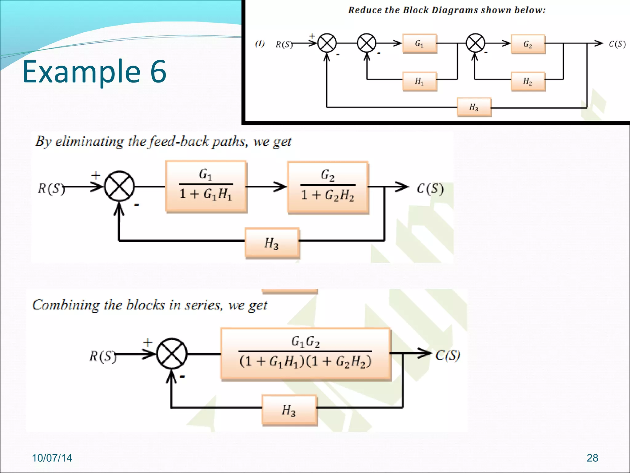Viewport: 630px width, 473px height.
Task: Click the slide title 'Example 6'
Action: [x=94, y=71]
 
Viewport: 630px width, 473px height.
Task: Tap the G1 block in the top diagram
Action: [x=420, y=43]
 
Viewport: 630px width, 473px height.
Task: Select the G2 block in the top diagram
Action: [x=528, y=44]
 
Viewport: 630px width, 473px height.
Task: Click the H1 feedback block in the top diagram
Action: [x=420, y=81]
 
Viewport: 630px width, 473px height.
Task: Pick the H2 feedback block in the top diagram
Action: [x=528, y=81]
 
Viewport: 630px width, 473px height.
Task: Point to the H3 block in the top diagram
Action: [x=474, y=107]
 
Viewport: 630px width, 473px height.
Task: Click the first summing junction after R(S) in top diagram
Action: [x=327, y=43]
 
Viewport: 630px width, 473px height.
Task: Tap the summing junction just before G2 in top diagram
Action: [x=475, y=43]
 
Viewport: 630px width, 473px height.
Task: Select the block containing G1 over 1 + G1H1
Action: [x=206, y=186]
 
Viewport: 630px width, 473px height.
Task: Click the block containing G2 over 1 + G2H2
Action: [x=328, y=187]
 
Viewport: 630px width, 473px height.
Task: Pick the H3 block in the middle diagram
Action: [x=272, y=243]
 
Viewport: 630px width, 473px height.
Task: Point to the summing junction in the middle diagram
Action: [x=119, y=186]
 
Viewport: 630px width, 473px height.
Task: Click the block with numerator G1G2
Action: [x=305, y=354]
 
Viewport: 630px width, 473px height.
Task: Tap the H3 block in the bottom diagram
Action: [x=289, y=410]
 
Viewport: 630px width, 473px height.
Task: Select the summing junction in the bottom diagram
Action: [x=172, y=354]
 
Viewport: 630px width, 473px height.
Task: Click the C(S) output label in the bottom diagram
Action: [x=448, y=355]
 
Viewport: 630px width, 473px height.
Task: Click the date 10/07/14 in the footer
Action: [x=52, y=458]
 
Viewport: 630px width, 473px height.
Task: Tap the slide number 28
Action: [x=592, y=458]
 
